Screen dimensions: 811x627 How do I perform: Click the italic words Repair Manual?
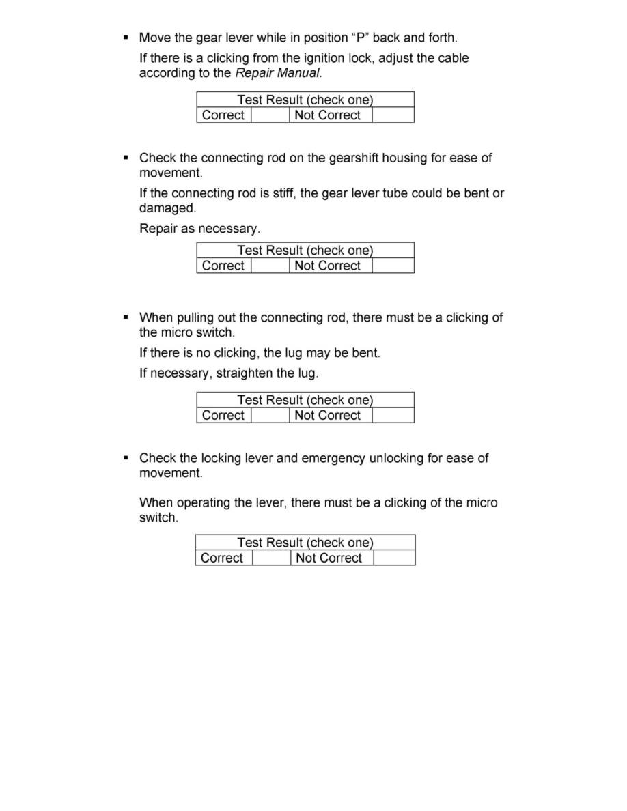pyautogui.click(x=277, y=74)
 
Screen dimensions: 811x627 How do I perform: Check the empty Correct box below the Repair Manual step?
pyautogui.click(x=270, y=115)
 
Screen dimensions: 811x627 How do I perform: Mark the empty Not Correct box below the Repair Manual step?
pyautogui.click(x=393, y=115)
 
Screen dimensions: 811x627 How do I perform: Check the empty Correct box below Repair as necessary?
pyautogui.click(x=270, y=266)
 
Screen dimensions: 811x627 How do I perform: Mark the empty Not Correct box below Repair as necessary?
pyautogui.click(x=393, y=266)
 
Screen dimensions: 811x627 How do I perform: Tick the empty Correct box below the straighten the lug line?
pyautogui.click(x=270, y=415)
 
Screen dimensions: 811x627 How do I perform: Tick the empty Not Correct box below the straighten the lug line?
pyautogui.click(x=393, y=415)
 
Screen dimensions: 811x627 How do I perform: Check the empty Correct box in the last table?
pyautogui.click(x=271, y=558)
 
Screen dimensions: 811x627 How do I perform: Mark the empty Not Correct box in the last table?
pyautogui.click(x=394, y=558)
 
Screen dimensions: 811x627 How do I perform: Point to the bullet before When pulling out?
pyautogui.click(x=126, y=317)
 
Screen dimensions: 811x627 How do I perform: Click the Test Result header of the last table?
pyautogui.click(x=305, y=543)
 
